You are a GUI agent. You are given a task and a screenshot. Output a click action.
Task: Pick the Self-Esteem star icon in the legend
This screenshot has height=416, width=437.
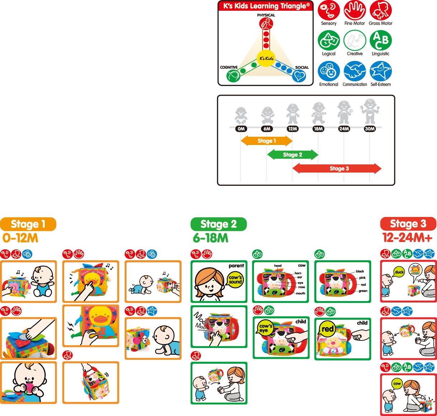coord(380,71)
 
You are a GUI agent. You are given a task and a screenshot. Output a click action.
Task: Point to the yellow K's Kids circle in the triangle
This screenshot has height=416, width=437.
coord(266,58)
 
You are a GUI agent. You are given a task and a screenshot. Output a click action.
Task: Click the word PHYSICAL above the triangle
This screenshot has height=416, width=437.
coord(266,15)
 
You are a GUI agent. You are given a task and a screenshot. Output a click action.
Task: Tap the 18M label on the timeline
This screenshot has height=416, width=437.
coord(318,129)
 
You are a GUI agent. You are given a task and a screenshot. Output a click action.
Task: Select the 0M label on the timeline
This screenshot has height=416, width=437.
coord(241,129)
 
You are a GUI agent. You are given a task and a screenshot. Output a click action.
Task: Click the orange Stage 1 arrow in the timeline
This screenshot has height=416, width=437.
coord(266,141)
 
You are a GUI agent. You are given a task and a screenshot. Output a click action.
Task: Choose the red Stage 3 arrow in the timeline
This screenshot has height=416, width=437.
coord(337,169)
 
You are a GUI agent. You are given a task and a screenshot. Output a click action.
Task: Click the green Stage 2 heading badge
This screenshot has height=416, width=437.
coord(218,224)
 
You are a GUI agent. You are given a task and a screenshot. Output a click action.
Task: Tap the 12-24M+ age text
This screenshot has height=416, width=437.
coord(407,238)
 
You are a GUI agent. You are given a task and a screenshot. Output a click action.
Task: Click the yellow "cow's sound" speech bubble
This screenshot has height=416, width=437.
coord(235,280)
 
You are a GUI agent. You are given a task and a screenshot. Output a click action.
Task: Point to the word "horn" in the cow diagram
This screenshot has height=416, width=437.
coord(298,273)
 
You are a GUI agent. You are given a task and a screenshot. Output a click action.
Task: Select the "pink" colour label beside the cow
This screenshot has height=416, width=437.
coord(362,277)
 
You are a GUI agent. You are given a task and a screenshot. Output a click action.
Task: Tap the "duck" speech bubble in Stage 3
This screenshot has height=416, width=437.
coord(399,272)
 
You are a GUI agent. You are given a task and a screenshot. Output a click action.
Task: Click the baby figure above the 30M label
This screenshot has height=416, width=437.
coord(369,112)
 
